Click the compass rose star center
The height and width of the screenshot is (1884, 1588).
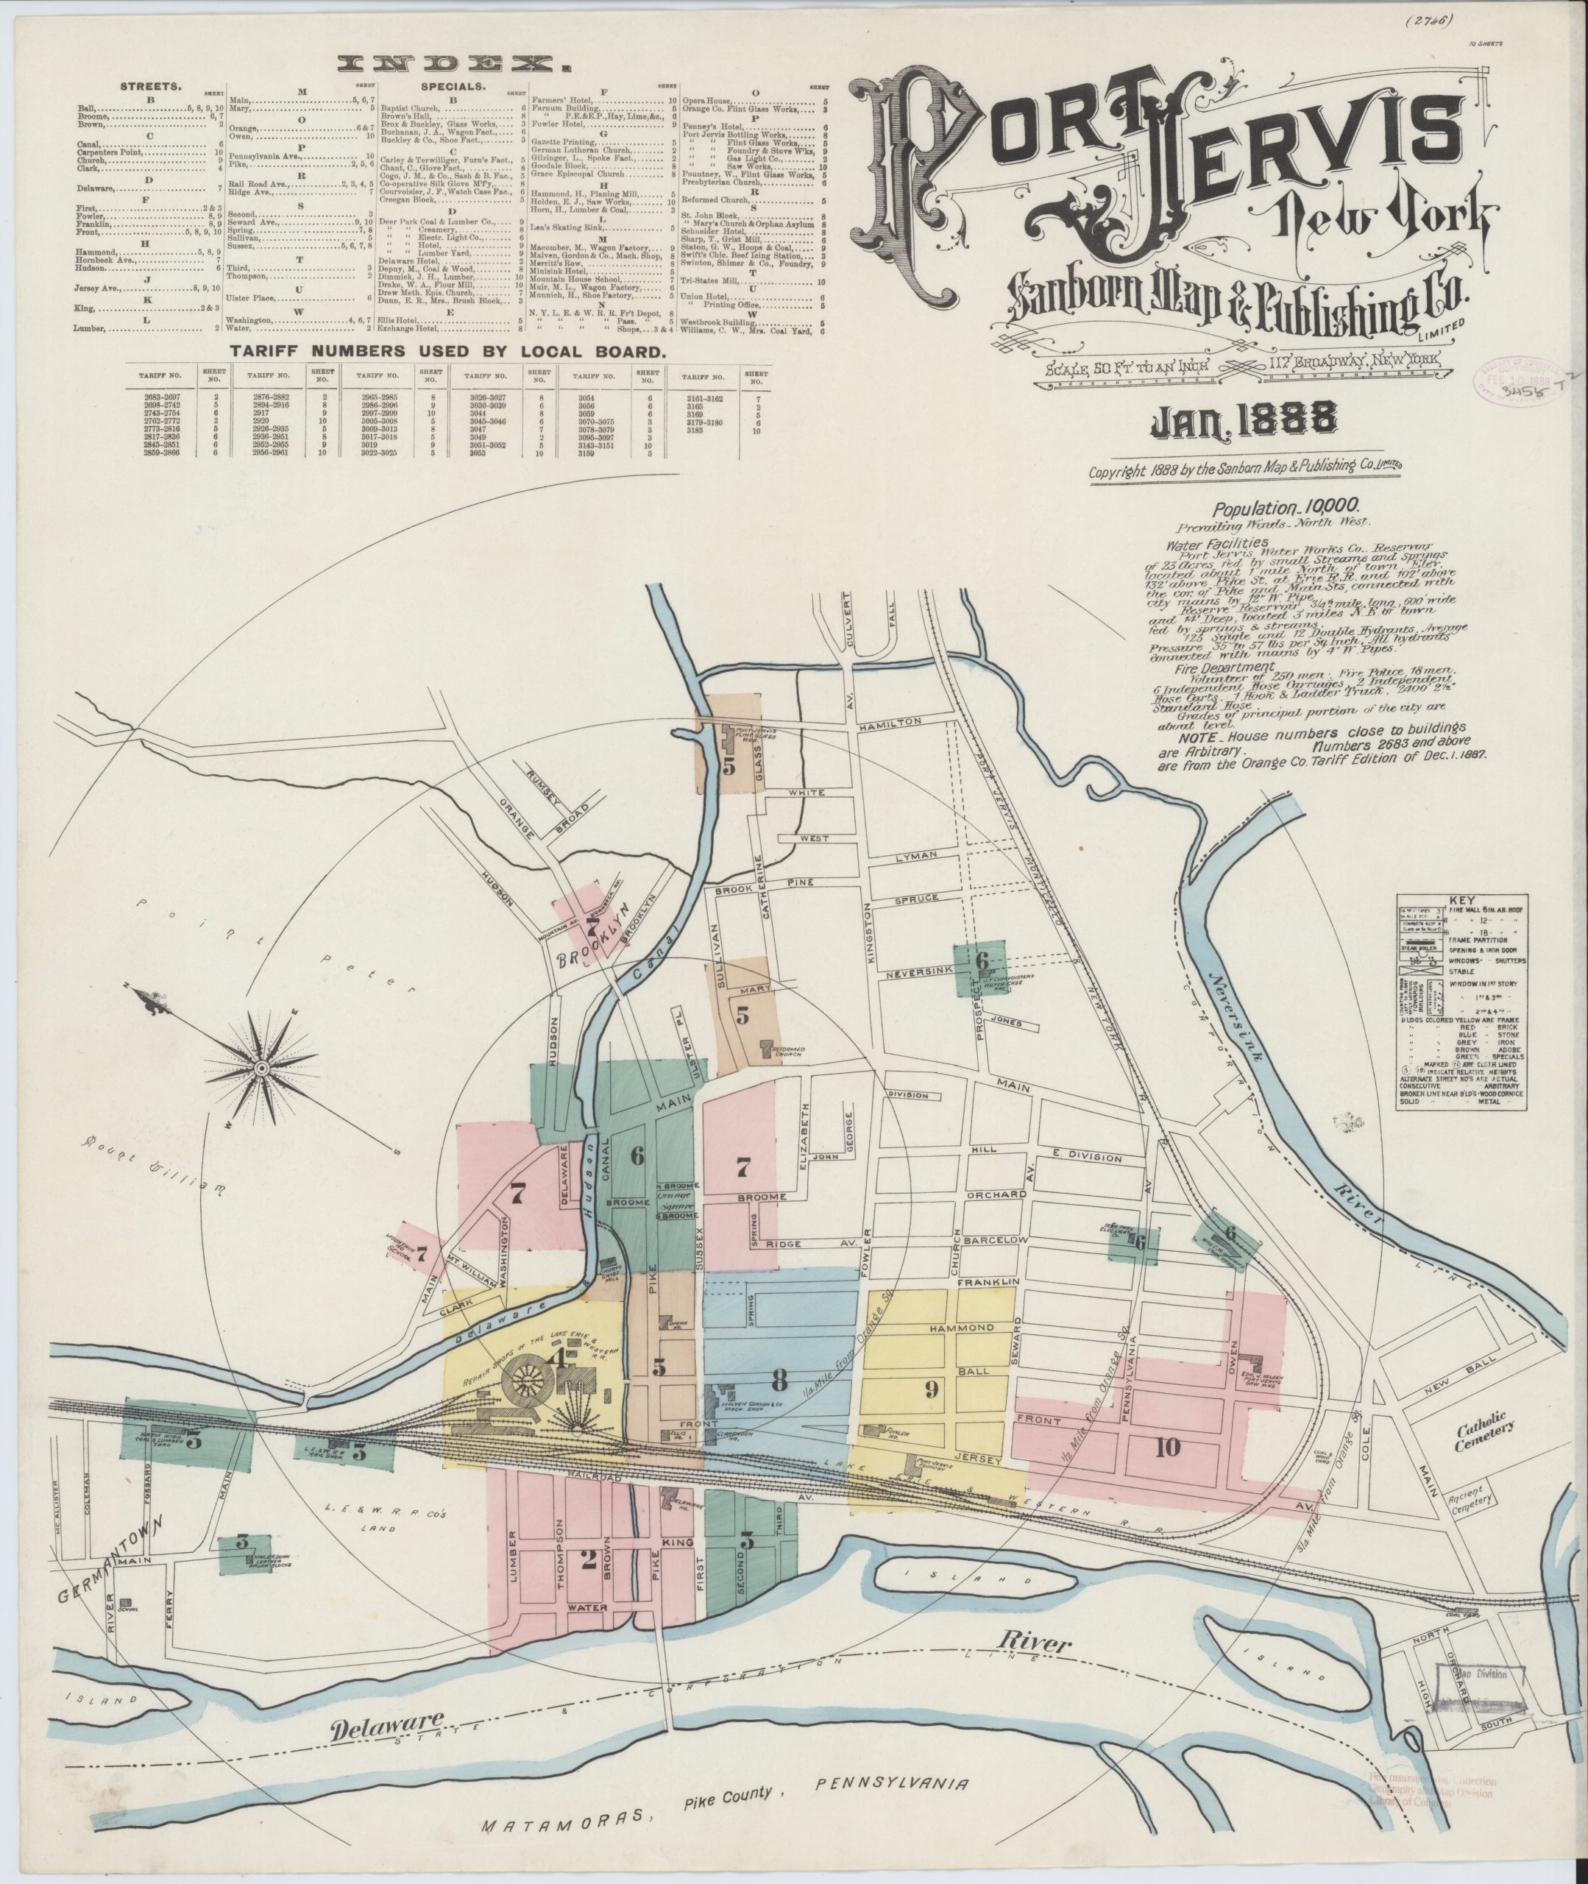pyautogui.click(x=262, y=1069)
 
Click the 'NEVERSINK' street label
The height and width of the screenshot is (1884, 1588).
pyautogui.click(x=914, y=974)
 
